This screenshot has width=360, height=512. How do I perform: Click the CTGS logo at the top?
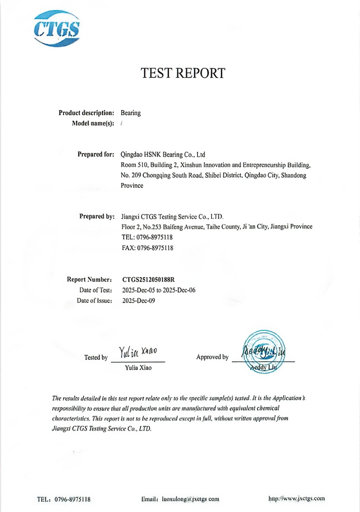(x=57, y=29)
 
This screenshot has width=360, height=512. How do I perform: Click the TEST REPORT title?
(x=183, y=73)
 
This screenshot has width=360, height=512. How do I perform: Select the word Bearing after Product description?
(x=131, y=113)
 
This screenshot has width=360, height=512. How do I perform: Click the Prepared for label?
(x=96, y=155)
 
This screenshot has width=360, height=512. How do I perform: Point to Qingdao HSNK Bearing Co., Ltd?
(x=163, y=155)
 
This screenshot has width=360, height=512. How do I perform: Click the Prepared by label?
(x=97, y=216)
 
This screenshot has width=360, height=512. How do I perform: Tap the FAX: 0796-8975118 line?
(x=147, y=248)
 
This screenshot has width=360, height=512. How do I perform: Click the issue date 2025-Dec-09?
(x=138, y=301)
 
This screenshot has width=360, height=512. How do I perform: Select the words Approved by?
(x=212, y=357)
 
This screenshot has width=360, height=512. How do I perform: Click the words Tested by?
(x=96, y=357)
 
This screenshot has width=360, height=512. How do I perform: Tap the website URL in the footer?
(x=297, y=498)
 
